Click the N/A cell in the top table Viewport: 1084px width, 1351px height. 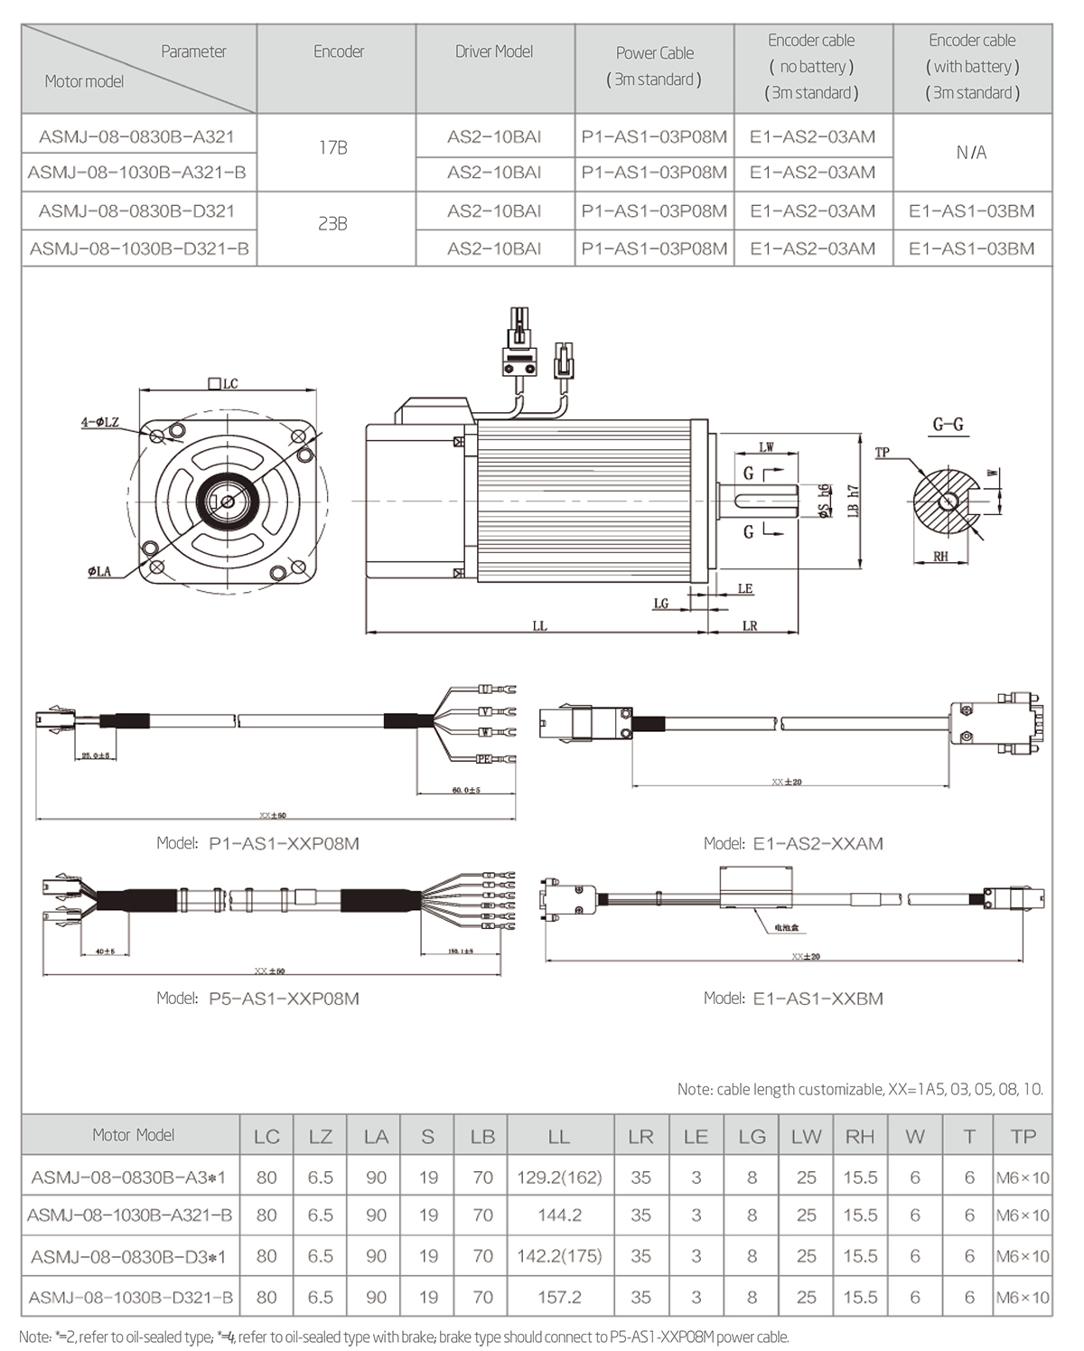[x=972, y=153]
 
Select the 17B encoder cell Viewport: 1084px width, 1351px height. [x=333, y=147]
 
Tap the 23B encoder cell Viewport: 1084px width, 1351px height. [x=333, y=223]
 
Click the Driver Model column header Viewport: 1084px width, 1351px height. [x=494, y=52]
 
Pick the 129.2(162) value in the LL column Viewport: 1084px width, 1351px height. [x=559, y=1177]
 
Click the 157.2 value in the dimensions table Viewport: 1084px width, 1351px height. [x=559, y=1297]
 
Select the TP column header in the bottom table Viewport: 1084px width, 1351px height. [x=1023, y=1137]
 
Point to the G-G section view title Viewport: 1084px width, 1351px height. [x=948, y=425]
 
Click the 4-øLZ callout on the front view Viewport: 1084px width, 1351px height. [x=99, y=422]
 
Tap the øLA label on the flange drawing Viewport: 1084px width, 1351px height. [x=99, y=571]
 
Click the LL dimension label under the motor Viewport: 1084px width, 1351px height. [x=539, y=625]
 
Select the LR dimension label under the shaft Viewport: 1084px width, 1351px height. [x=750, y=625]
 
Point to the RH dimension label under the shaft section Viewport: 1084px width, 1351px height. [x=941, y=557]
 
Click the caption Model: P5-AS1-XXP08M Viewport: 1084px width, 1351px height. [x=258, y=999]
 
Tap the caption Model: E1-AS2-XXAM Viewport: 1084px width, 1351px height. [x=793, y=843]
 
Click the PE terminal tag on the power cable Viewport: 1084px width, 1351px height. [x=484, y=760]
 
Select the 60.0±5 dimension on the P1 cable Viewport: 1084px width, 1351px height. [x=466, y=790]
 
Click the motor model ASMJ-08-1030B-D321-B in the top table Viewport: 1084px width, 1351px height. [x=139, y=249]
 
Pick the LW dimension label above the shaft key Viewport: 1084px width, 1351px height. [x=766, y=447]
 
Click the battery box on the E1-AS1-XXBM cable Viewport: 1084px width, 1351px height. [x=757, y=885]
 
